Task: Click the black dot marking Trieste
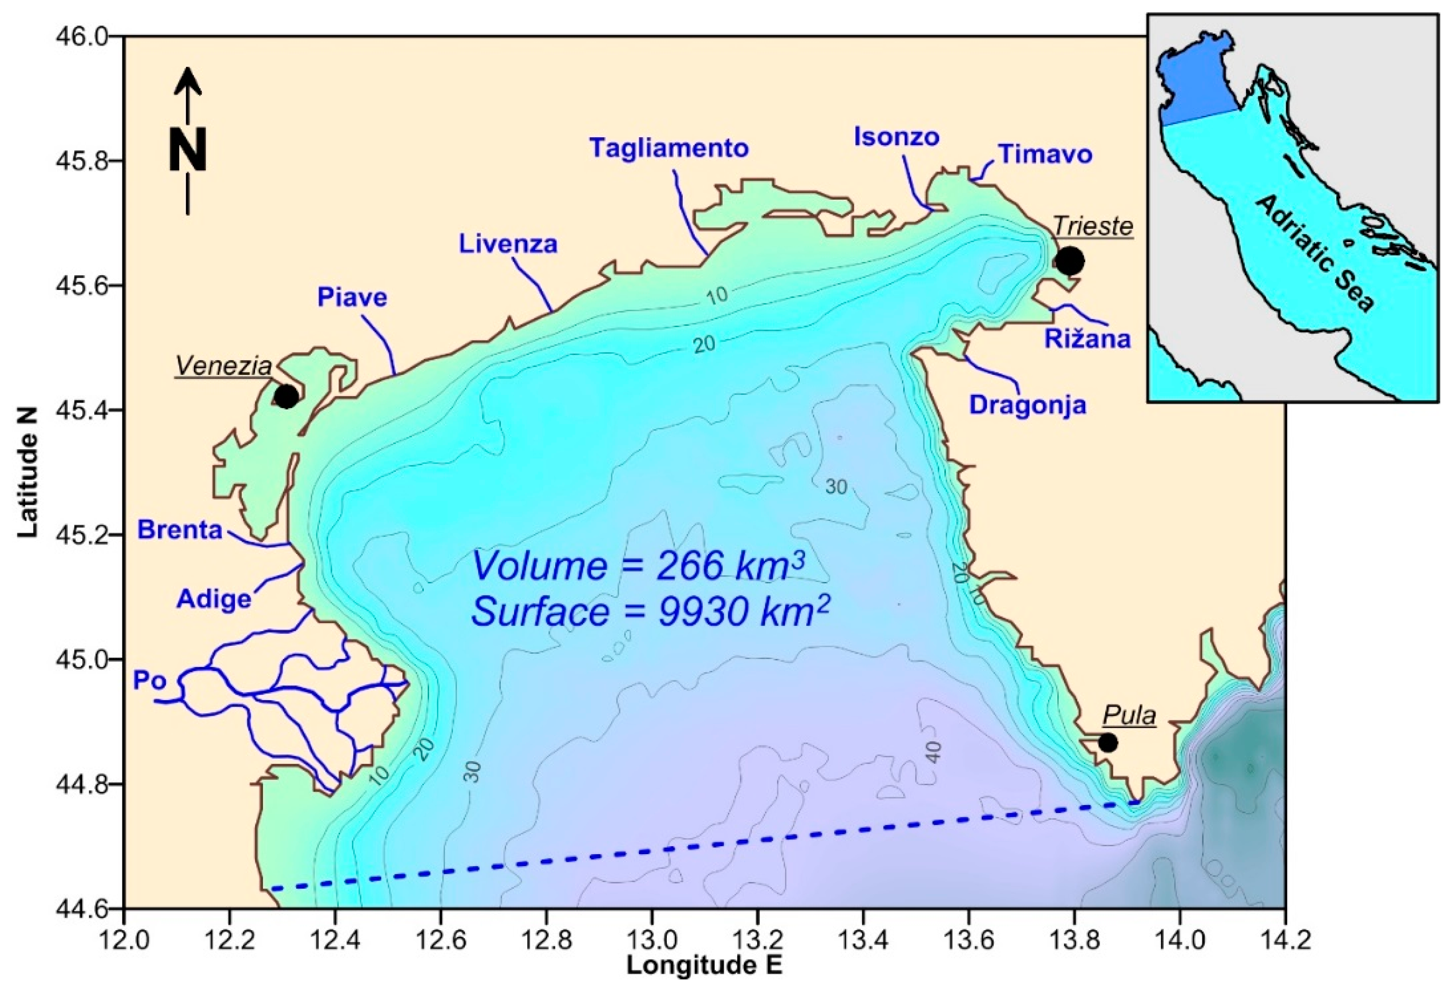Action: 1069,261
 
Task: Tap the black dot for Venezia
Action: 286,396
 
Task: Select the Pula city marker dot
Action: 1108,743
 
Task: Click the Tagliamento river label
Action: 669,148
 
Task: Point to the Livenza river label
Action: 508,244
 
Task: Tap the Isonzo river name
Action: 897,137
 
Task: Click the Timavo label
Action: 1045,154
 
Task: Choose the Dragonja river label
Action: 1027,405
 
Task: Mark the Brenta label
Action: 180,530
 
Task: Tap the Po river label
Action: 149,681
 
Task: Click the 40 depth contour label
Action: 933,751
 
